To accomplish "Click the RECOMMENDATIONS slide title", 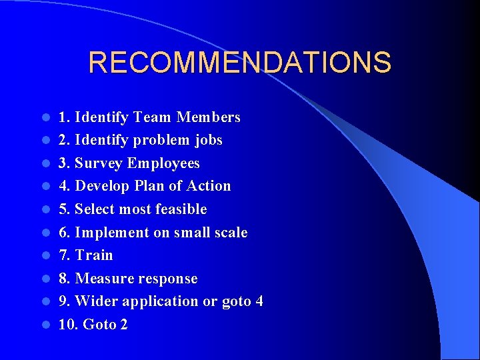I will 239,63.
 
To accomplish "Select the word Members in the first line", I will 208,117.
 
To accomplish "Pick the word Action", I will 209,186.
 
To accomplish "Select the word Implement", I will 110,233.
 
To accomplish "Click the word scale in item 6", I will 229,233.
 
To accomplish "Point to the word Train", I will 94,255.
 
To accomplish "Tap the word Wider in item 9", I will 96,301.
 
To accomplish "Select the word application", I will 160,302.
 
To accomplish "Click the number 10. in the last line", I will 67,325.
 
